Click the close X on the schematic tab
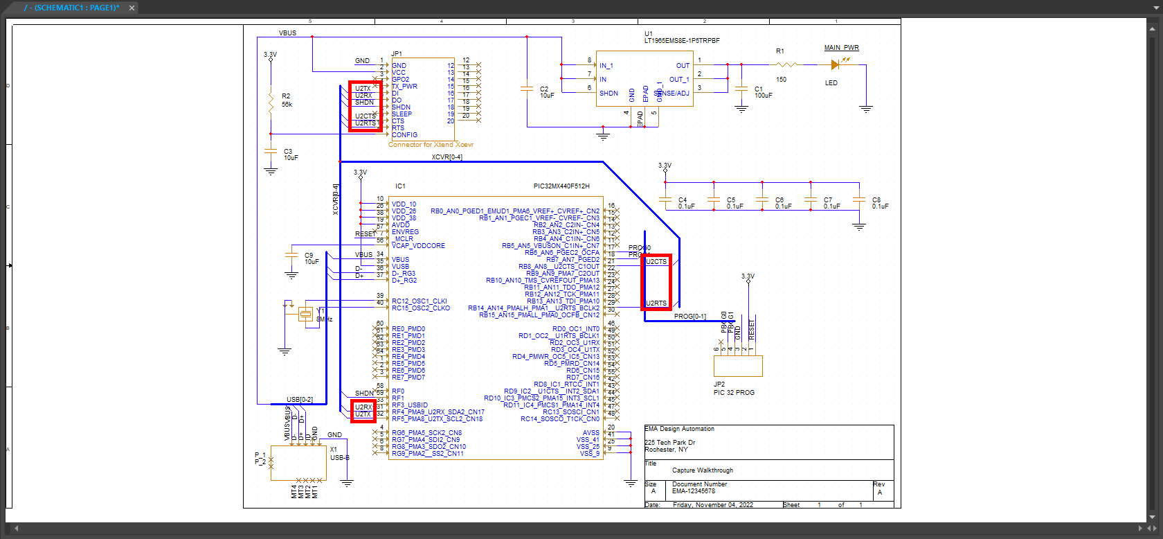132,8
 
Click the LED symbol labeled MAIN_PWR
836,64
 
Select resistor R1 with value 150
787,64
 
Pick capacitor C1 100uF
741,89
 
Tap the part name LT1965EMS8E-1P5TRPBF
682,41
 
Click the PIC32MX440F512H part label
561,186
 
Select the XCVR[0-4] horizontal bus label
447,157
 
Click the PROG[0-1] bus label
690,317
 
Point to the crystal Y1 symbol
305,315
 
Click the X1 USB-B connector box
298,461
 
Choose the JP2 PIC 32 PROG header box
738,366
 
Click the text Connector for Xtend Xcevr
431,145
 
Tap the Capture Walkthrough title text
702,470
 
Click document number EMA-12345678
694,491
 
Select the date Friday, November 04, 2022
713,505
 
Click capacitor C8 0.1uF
859,200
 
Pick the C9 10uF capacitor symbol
291,256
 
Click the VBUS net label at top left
287,33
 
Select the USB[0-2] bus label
300,400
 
